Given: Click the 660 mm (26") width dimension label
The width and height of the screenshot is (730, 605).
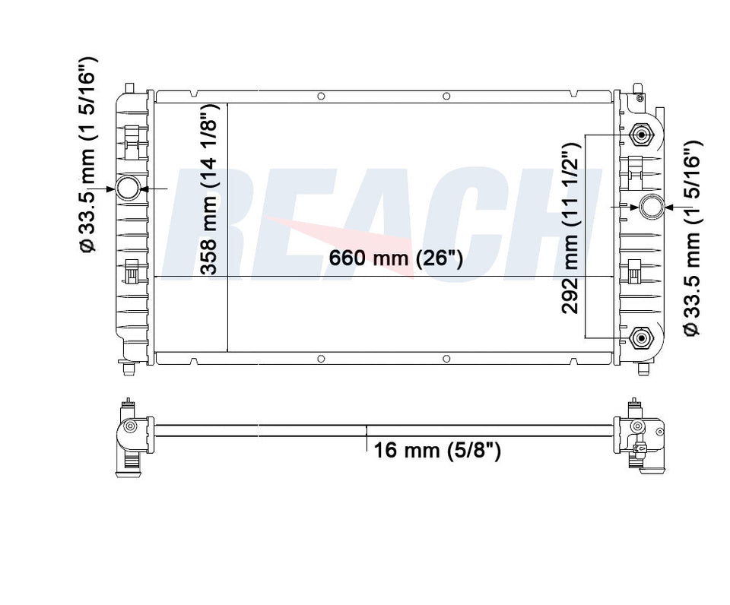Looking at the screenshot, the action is click(395, 258).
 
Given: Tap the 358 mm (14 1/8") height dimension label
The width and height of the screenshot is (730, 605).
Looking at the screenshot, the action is click(209, 190).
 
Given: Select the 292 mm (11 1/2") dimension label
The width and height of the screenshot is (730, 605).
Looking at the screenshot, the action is click(570, 228).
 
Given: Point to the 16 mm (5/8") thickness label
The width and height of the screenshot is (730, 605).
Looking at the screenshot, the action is click(437, 451).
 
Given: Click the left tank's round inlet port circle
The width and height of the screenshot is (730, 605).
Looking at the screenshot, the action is click(128, 188).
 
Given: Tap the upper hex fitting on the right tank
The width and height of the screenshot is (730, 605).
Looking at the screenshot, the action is click(642, 135).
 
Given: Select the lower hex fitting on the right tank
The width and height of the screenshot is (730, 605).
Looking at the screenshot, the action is click(641, 337).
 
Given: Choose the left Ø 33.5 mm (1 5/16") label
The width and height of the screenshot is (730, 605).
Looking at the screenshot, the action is click(88, 154).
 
